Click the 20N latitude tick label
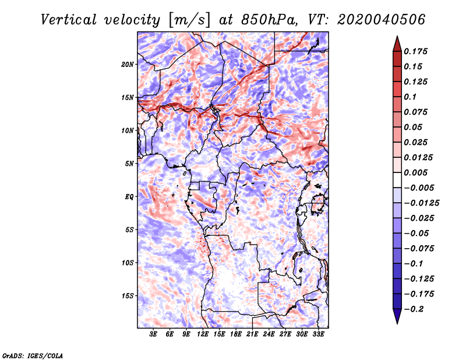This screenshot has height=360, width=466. click(127, 65)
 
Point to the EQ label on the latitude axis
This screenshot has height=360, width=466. click(129, 197)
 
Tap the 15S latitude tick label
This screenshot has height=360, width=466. click(127, 296)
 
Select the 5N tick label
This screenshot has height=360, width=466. click(129, 164)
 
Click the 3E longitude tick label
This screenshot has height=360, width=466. click(153, 334)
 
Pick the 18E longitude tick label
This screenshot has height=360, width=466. click(236, 334)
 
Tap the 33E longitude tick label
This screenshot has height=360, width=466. click(318, 334)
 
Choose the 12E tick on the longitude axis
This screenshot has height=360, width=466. click(203, 334)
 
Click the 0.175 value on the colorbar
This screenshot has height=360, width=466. click(415, 51)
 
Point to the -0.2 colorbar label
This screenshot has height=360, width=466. click(414, 309)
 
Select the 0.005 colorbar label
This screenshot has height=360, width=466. click(415, 172)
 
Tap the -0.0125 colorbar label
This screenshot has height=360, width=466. click(421, 203)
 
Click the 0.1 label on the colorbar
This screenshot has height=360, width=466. click(410, 97)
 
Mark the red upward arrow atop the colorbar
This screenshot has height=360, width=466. click(397, 44)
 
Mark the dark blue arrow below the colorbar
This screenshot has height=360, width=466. click(397, 316)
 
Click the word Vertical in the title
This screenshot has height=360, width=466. click(69, 20)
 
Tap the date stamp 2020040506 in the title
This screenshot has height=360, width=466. click(382, 20)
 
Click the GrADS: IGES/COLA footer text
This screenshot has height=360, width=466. click(33, 355)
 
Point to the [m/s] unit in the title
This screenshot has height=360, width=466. click(189, 20)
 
